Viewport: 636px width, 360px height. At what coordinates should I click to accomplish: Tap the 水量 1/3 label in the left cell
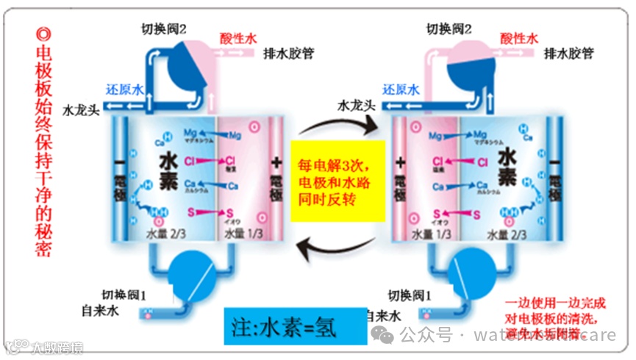coord(242,234)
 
